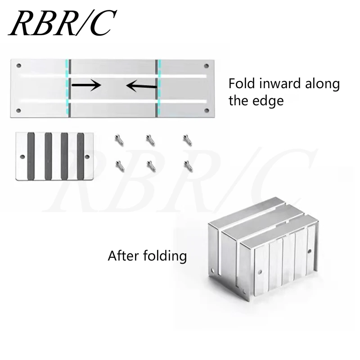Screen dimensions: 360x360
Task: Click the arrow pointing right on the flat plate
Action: pyautogui.click(x=86, y=84)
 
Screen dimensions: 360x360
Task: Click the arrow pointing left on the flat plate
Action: pyautogui.click(x=141, y=85)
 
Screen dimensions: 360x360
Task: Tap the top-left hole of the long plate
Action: pyautogui.click(x=19, y=66)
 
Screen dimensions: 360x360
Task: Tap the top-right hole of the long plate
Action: pyautogui.click(x=207, y=66)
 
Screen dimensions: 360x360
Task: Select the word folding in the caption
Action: pyautogui.click(x=164, y=256)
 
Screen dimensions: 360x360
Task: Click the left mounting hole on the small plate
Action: pyautogui.click(x=22, y=157)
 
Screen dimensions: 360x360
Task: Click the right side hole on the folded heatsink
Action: pyautogui.click(x=310, y=250)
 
